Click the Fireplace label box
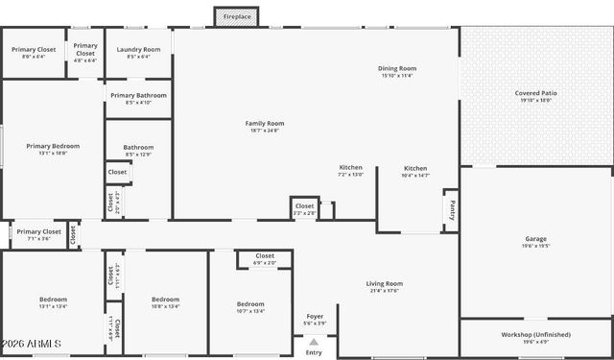[x=237, y=17]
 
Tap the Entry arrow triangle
[x=314, y=342]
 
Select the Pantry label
[x=449, y=207]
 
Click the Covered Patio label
[x=535, y=93]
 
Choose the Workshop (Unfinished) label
[x=535, y=334]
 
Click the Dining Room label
[x=397, y=69]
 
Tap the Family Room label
[x=265, y=123]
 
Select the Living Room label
[x=384, y=283]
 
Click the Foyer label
[x=315, y=316]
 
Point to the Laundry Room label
[x=138, y=49]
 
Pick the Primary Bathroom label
[x=138, y=95]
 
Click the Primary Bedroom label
[x=53, y=146]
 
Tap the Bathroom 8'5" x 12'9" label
[x=138, y=148]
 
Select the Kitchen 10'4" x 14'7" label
[x=415, y=168]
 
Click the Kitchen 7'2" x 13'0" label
[x=351, y=168]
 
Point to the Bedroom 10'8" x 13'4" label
[x=165, y=300]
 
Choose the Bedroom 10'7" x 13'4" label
[x=250, y=304]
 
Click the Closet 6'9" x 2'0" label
[x=264, y=256]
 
